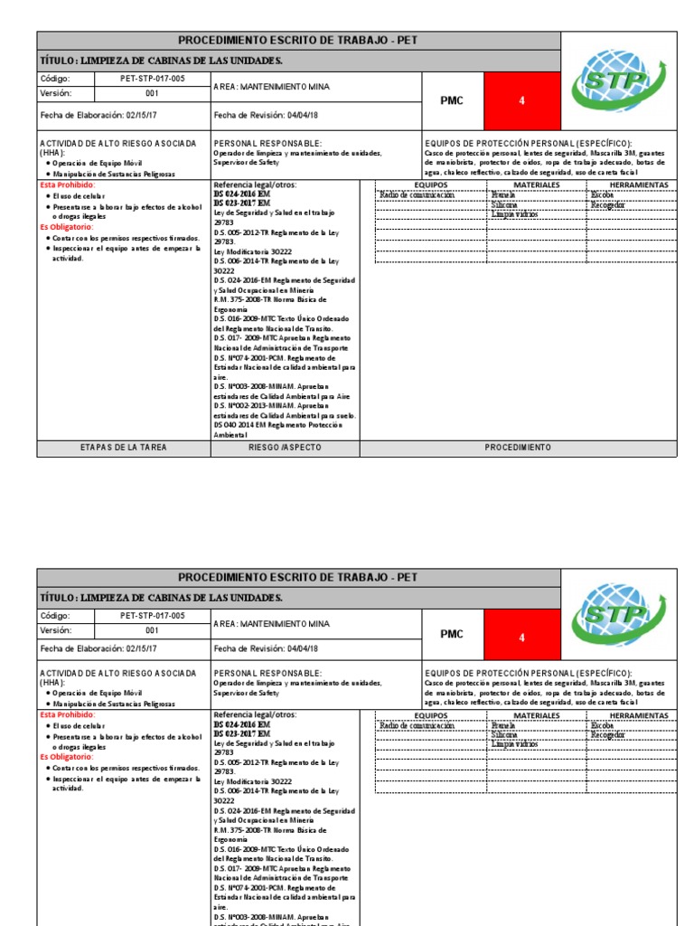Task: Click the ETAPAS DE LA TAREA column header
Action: (x=123, y=448)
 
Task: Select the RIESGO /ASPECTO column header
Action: (x=285, y=448)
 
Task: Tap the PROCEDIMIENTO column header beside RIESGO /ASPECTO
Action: (x=517, y=448)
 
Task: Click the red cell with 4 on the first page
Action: (x=521, y=101)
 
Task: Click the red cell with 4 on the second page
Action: (x=521, y=635)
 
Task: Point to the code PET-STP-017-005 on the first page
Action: (x=152, y=79)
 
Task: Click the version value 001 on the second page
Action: (x=152, y=630)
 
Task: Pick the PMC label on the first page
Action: (x=451, y=101)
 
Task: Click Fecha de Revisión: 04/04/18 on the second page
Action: (x=266, y=648)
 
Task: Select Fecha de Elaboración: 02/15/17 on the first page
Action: (x=98, y=116)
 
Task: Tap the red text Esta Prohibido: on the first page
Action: (x=67, y=184)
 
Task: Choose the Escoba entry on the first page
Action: (x=602, y=194)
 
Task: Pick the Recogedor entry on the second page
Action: (x=607, y=735)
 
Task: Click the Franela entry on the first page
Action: (x=504, y=194)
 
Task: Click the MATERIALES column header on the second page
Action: (x=537, y=715)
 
